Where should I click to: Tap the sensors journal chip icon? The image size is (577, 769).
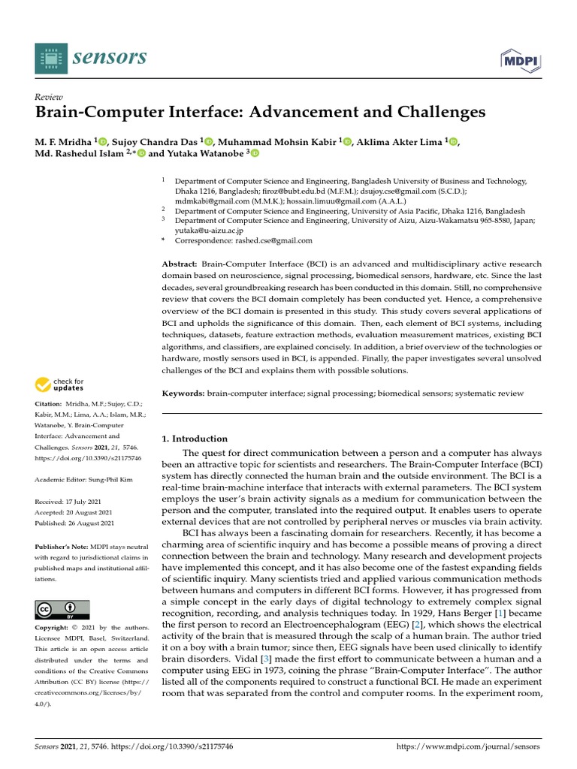50,59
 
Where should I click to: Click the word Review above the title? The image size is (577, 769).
48,97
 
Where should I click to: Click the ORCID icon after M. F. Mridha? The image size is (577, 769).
103,140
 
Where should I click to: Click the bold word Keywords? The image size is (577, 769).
183,394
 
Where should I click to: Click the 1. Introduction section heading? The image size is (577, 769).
195,439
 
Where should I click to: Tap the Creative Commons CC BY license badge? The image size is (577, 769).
62,609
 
